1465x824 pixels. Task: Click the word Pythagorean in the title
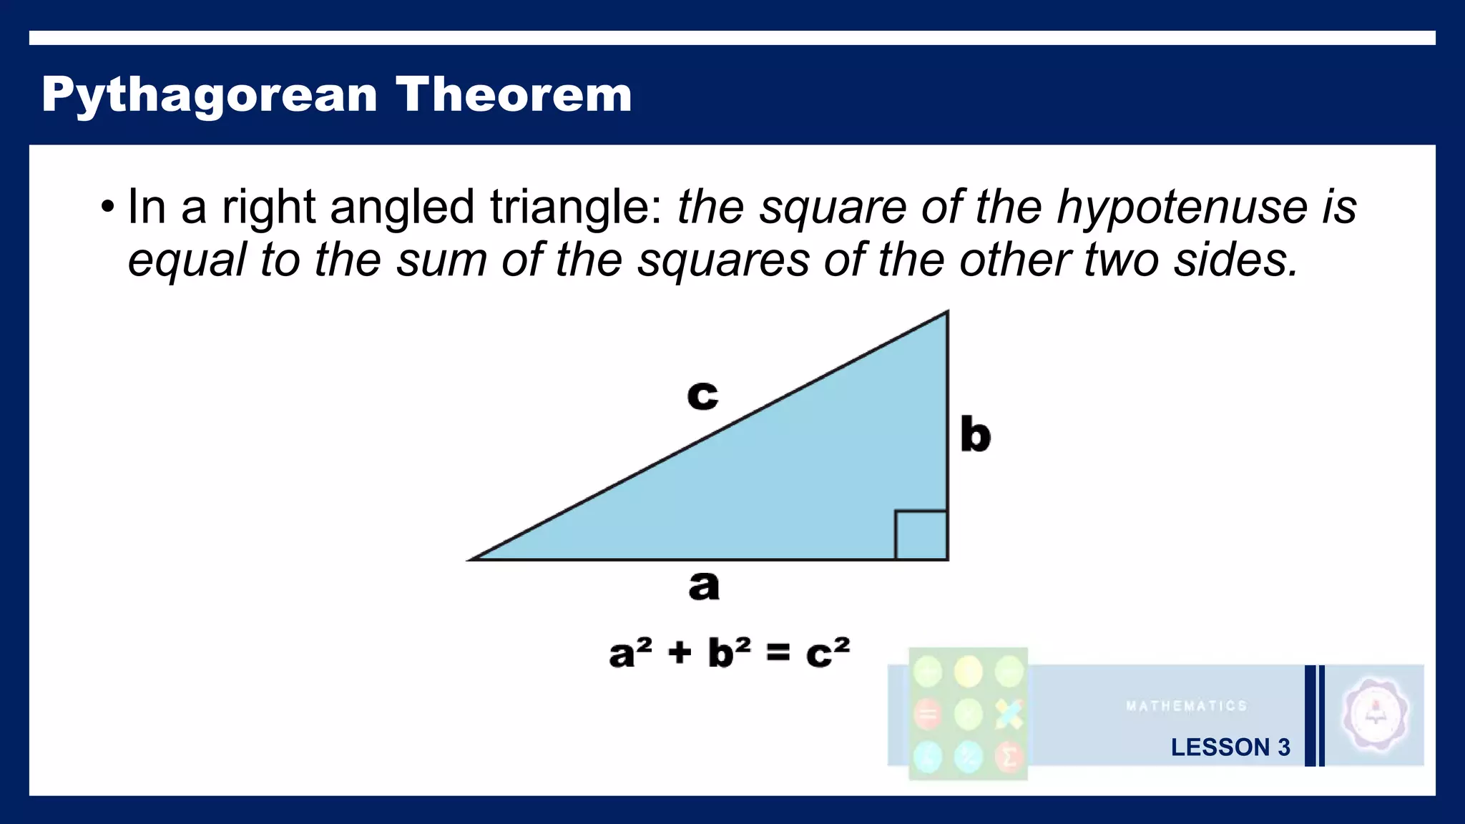tap(209, 95)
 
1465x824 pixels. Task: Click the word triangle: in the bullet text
tap(576, 208)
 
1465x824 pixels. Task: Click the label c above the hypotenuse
tap(702, 395)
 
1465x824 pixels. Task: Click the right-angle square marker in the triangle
tap(921, 535)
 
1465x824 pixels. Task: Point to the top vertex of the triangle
tap(947, 313)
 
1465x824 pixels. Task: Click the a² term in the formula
tap(630, 652)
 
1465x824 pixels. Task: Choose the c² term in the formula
tap(828, 652)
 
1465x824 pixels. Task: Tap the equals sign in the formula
tap(778, 652)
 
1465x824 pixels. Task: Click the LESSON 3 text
tap(1230, 747)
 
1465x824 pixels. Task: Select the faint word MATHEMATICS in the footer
tap(1186, 706)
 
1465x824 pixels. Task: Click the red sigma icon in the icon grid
tap(1009, 757)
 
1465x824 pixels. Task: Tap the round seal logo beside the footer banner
tap(1375, 715)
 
